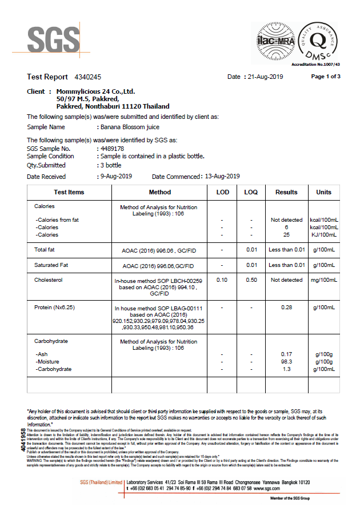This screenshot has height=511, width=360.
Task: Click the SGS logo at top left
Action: coord(54,39)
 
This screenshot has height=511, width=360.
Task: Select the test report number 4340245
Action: coord(88,77)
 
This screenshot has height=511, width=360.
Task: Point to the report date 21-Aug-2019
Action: coord(265,77)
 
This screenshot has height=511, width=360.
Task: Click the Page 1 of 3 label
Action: coord(326,77)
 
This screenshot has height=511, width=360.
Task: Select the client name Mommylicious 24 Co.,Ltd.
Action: coord(95,91)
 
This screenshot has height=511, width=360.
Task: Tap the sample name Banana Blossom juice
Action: coord(130,127)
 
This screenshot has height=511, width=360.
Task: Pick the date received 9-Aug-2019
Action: coord(116,176)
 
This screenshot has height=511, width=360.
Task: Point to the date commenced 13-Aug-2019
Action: coord(222,176)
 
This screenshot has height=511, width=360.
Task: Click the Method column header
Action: coord(159,192)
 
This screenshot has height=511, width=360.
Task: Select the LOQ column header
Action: coord(251,192)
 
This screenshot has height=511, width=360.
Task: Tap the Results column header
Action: coord(286,192)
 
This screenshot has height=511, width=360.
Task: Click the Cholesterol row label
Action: coord(48,280)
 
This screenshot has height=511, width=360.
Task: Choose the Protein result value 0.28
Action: coord(286,308)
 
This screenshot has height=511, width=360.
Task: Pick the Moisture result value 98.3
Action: coord(286,362)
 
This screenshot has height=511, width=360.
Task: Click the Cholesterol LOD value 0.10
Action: coord(222,280)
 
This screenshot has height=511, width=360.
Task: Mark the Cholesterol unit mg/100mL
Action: coord(323,280)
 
